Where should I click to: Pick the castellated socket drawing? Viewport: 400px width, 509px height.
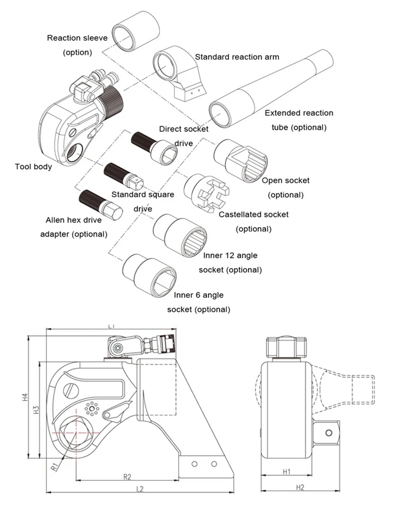click(x=206, y=193)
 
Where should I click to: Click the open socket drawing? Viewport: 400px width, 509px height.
click(x=241, y=160)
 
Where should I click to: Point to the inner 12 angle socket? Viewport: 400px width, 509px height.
click(x=180, y=236)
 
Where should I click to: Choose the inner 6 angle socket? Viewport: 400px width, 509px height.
click(x=149, y=275)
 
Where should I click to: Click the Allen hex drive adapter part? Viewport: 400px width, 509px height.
click(x=101, y=205)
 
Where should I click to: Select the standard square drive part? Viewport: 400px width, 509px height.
click(x=124, y=176)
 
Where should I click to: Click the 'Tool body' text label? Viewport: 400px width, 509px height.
click(x=34, y=167)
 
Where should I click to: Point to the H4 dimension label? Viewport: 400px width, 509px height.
click(x=26, y=397)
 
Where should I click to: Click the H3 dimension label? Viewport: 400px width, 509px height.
click(x=36, y=410)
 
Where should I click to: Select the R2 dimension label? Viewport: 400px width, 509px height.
click(x=127, y=477)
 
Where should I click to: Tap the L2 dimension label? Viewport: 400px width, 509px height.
click(x=140, y=489)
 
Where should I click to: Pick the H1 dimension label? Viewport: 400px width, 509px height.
click(x=286, y=472)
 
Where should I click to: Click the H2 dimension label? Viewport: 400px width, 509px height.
click(x=300, y=487)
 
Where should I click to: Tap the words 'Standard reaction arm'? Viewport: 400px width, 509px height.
click(x=237, y=57)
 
